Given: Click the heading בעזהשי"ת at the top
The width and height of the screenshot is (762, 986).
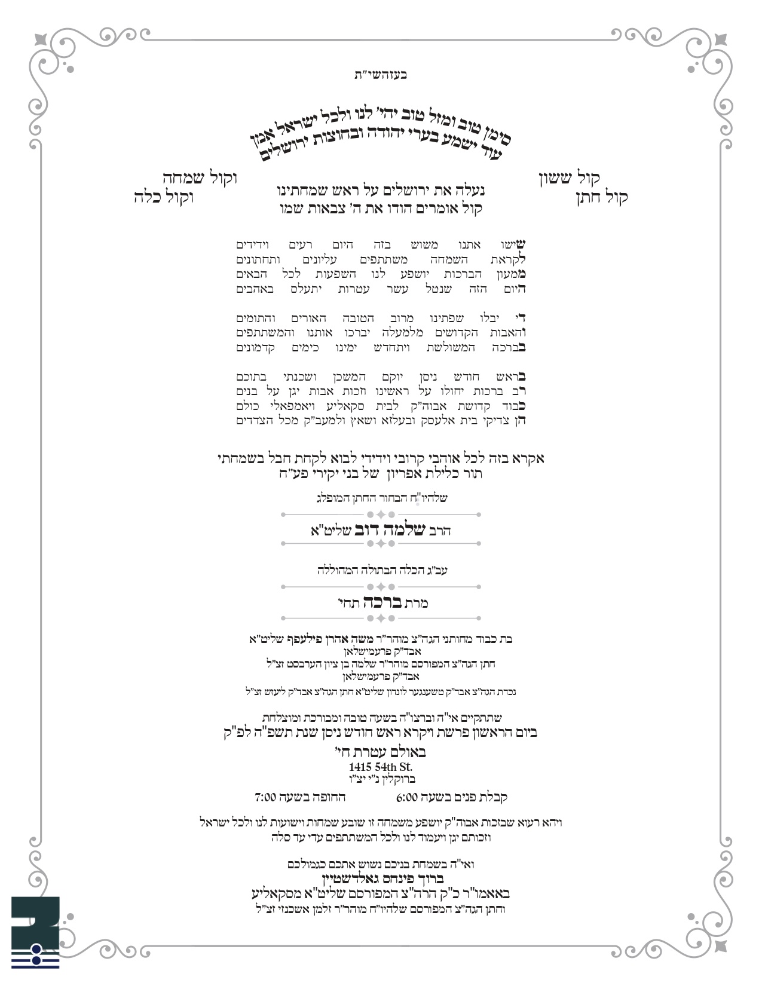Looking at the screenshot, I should pos(381,75).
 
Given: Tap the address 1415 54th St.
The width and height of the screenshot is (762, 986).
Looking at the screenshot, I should pos(381,767).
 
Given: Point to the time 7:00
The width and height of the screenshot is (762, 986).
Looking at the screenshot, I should pos(265,797).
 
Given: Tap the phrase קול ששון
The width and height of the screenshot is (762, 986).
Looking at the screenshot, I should pos(570,178).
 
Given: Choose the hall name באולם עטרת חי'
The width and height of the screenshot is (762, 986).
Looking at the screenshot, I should pos(381,753).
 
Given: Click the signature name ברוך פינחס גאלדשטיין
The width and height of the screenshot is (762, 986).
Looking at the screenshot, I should pos(381,879).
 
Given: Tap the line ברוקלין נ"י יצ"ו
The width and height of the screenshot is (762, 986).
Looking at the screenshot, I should pos(381,779).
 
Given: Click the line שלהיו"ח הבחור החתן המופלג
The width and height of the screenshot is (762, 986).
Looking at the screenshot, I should pos(381,498).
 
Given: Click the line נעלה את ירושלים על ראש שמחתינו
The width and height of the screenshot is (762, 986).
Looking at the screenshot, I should pos(381,192).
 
